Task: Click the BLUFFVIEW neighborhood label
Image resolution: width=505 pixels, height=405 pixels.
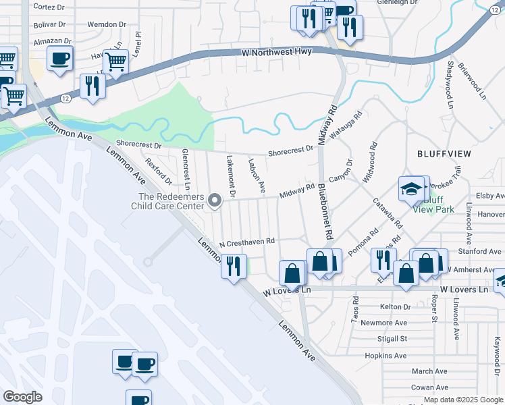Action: point(444,153)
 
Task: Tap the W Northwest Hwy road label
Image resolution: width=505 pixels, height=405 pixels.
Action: point(276,52)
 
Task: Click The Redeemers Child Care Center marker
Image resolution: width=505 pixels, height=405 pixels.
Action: point(215,200)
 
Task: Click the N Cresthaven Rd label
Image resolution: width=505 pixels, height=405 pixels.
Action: point(247,241)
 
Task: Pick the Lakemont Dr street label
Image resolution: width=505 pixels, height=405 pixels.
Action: point(231,176)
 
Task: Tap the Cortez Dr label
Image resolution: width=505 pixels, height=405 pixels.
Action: point(49,6)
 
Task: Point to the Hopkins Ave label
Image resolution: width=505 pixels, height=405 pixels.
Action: point(385,356)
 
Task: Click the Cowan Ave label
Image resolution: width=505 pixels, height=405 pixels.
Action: point(429,387)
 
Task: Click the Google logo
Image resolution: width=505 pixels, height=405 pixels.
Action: point(22,398)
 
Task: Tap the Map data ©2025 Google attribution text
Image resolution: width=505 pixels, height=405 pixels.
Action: point(462,400)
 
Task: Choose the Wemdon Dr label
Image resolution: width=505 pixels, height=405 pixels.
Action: point(107,24)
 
